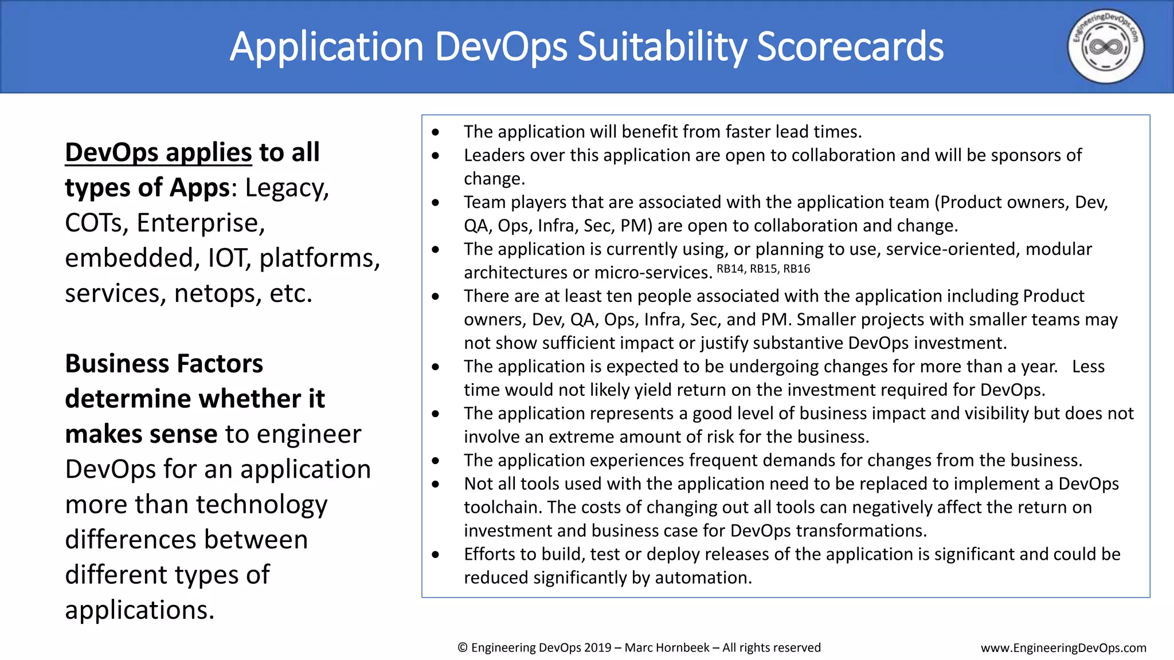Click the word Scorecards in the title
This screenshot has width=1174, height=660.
850,47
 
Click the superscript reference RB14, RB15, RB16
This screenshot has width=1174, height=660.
763,269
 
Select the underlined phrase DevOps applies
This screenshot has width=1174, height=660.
158,152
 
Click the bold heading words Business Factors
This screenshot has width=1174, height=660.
164,364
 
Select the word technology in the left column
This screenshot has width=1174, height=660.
261,505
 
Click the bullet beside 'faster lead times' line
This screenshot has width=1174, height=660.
436,132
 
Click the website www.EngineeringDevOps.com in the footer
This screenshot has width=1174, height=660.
1063,648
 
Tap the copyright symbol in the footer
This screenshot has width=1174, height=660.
463,648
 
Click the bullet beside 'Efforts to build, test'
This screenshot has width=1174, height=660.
436,555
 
